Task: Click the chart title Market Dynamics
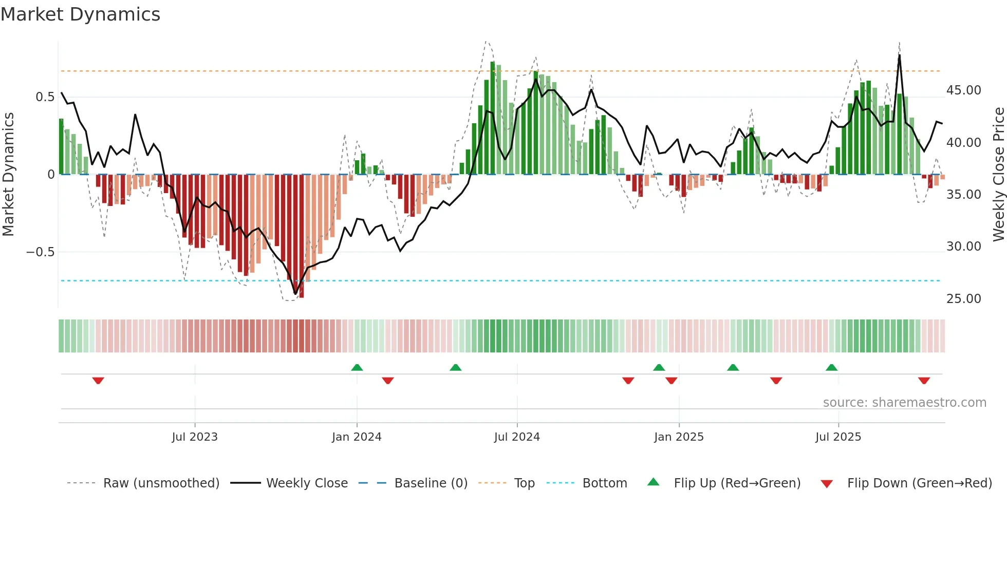(81, 14)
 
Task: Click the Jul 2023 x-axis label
(195, 437)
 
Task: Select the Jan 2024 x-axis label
(357, 437)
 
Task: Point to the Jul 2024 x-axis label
(517, 437)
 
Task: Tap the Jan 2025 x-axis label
(679, 437)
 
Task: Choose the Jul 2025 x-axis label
(838, 437)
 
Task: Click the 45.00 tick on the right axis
(963, 90)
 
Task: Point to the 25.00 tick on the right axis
(963, 299)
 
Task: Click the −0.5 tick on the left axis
(40, 252)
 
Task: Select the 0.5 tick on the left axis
(45, 97)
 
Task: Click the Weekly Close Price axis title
(998, 175)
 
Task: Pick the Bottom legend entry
(604, 483)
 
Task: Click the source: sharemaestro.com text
(904, 403)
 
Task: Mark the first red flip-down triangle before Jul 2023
(98, 381)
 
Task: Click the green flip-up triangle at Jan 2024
(357, 367)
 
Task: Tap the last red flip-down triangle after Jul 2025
(924, 381)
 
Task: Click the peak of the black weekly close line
(899, 55)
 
